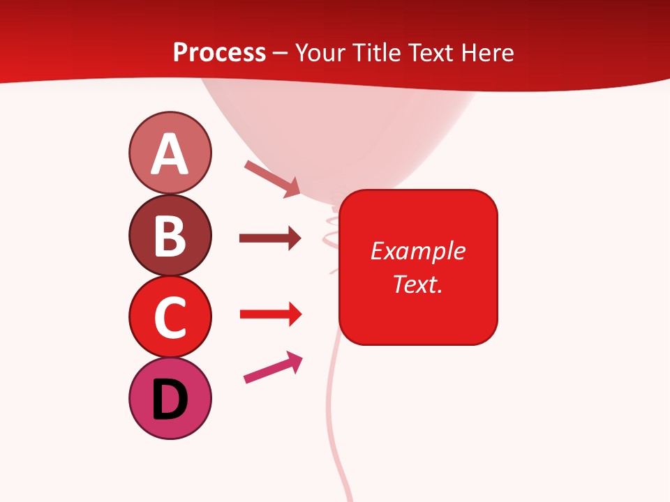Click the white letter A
pyautogui.click(x=170, y=155)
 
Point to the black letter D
pyautogui.click(x=170, y=400)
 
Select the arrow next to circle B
pyautogui.click(x=270, y=239)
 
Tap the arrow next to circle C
pyautogui.click(x=270, y=314)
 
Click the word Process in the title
pyautogui.click(x=219, y=52)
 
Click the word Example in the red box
pyautogui.click(x=417, y=251)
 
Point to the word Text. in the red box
pyautogui.click(x=417, y=284)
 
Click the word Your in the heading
pyautogui.click(x=320, y=52)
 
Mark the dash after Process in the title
pyautogui.click(x=280, y=53)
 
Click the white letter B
pyautogui.click(x=170, y=236)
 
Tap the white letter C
pyautogui.click(x=170, y=318)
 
